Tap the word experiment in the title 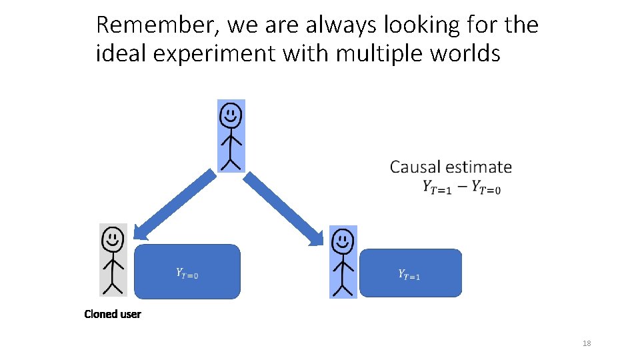[213, 53]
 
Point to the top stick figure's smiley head [231, 116]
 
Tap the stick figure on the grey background [113, 260]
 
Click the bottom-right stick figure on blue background [343, 262]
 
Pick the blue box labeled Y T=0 [187, 271]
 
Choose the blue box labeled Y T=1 [410, 273]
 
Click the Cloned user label [113, 314]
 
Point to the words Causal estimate [451, 167]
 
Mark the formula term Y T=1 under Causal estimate [437, 188]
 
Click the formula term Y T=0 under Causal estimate [486, 188]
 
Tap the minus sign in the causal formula [461, 187]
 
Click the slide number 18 [587, 343]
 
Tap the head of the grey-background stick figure [113, 238]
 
